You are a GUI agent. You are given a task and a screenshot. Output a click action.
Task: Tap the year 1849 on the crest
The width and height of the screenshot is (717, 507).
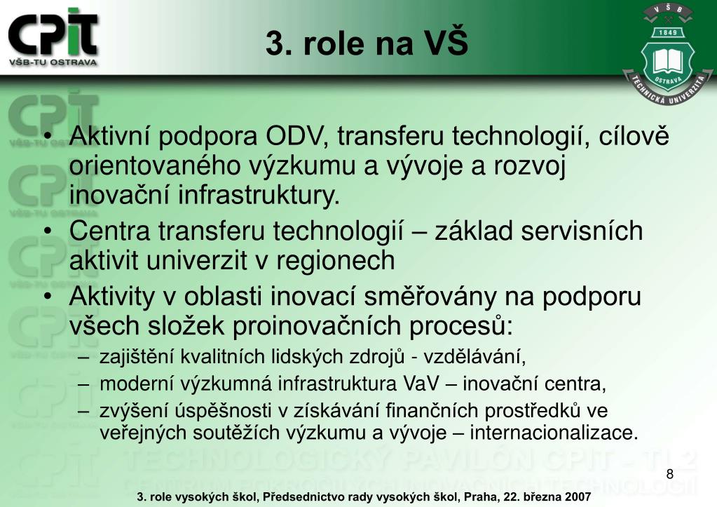tap(667, 32)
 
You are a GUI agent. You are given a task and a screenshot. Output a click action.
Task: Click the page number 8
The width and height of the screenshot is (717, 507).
tap(670, 474)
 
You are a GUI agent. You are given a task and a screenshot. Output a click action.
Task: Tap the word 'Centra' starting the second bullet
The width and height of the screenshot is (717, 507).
tap(110, 231)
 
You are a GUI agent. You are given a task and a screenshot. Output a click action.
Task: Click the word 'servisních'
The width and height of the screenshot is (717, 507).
tap(582, 231)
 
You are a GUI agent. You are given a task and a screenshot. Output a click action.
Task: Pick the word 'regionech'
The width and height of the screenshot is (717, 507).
tap(335, 261)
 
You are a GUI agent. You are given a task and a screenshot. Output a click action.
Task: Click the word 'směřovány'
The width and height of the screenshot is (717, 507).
tap(430, 297)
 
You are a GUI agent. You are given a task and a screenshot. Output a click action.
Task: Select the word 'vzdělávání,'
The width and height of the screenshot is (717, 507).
tap(474, 357)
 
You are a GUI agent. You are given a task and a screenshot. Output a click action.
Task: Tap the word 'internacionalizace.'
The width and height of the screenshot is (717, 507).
tap(554, 433)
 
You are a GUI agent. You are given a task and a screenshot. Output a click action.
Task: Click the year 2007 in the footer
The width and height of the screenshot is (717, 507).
tap(578, 497)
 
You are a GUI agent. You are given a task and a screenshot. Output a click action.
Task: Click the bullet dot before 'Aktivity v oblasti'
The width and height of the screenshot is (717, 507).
tap(48, 297)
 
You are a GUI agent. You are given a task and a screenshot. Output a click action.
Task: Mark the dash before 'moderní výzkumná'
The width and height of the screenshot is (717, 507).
tap(83, 384)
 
